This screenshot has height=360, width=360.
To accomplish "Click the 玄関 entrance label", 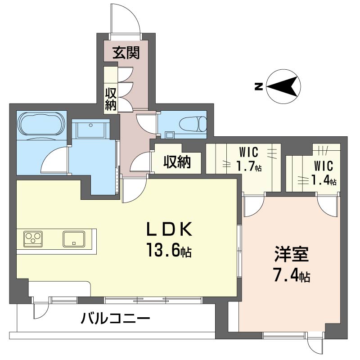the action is pyautogui.click(x=126, y=53).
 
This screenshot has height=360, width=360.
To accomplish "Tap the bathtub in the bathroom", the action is pyautogui.click(x=41, y=124).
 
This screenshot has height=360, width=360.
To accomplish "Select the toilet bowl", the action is pyautogui.click(x=193, y=124).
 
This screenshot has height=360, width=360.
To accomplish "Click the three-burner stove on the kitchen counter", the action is pyautogui.click(x=33, y=239).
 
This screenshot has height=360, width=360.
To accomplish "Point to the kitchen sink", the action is pyautogui.click(x=74, y=239).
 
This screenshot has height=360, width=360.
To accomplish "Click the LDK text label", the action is pyautogui.click(x=170, y=229).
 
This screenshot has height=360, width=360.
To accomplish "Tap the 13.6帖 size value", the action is pyautogui.click(x=169, y=250).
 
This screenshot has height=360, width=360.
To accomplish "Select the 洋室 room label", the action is pyautogui.click(x=291, y=255).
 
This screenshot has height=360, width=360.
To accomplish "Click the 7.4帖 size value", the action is pyautogui.click(x=291, y=275).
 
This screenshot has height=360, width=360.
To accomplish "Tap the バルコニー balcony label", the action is pyautogui.click(x=116, y=319).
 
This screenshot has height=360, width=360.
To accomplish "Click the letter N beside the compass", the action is pyautogui.click(x=258, y=86).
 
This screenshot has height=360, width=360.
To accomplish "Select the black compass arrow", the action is pyautogui.click(x=283, y=86).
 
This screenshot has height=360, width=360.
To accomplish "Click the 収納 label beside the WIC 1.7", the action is pyautogui.click(x=177, y=162).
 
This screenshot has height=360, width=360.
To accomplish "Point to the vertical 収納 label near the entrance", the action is pyautogui.click(x=111, y=99).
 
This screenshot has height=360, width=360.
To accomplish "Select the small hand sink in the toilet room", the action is pyautogui.click(x=170, y=134).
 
